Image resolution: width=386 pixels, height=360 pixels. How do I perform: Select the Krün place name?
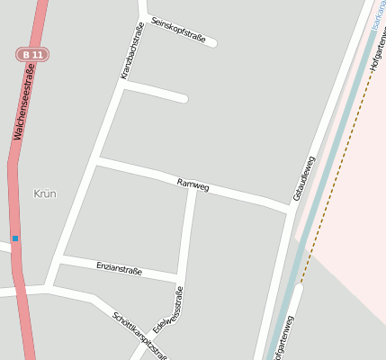[x=44, y=193]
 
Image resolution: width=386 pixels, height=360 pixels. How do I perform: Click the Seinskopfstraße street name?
[x=179, y=31]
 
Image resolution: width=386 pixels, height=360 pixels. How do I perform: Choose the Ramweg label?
[x=193, y=184]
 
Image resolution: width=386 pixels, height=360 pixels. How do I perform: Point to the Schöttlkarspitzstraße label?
[x=139, y=332]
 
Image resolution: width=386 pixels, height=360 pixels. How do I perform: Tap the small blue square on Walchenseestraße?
[x=15, y=238]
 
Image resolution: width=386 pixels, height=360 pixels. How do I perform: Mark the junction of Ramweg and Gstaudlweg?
[x=289, y=209]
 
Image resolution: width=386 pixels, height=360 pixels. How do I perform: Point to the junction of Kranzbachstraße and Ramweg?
[x=97, y=160]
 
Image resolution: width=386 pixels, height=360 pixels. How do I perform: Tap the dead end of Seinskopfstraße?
[x=212, y=41]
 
